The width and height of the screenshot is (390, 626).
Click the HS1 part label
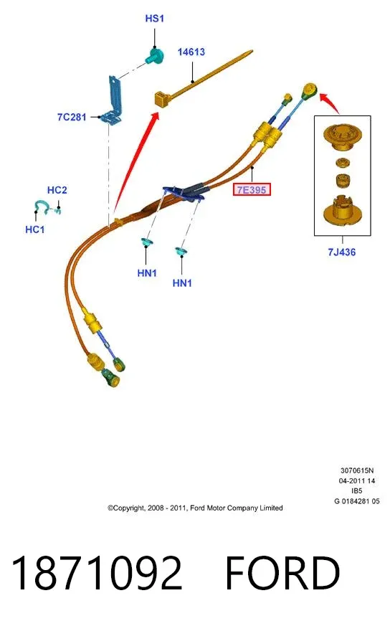pos(154,19)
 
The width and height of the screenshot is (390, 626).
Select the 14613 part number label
pos(191,52)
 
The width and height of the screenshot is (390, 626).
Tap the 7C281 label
pos(72,117)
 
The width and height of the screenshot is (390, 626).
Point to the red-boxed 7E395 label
pos(252,189)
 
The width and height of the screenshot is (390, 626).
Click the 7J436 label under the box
pos(342,252)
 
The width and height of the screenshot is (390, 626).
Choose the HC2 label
pos(57,190)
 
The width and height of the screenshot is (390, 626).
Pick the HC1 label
pos(34,229)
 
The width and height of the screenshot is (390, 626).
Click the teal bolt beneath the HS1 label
pos(154,56)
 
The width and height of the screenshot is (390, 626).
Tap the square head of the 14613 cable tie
pos(162,98)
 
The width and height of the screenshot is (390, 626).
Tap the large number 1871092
pos(97,572)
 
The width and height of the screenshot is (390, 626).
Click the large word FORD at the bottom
pos(282,572)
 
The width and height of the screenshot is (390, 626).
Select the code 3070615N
pos(357,470)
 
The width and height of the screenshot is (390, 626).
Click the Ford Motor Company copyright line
pos(195,508)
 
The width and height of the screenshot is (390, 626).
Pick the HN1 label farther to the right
pos(182,283)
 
